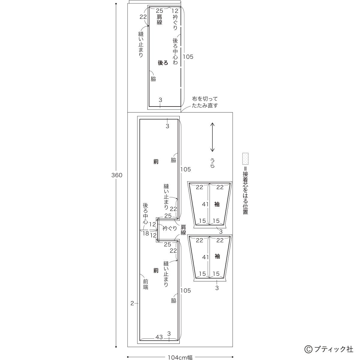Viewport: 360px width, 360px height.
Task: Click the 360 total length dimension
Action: coord(117,175)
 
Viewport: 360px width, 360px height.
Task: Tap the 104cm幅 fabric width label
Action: coord(180,357)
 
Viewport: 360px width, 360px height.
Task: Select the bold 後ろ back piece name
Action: coord(163,63)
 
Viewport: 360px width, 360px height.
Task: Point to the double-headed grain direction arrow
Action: coord(212,137)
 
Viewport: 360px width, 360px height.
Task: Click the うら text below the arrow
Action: coord(212,163)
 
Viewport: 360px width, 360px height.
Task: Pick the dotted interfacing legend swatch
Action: coord(245,159)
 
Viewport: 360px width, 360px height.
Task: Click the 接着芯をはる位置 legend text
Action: coord(245,193)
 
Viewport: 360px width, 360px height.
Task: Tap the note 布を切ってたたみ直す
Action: coord(205,102)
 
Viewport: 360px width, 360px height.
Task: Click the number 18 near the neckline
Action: coord(146,233)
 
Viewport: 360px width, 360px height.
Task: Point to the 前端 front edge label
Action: coord(145,284)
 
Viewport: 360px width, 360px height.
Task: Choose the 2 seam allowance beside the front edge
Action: coord(132,303)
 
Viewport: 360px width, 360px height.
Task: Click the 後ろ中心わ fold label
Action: coord(175,51)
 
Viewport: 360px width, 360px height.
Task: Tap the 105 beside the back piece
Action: coord(188,57)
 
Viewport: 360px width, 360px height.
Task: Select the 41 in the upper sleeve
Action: coord(205,204)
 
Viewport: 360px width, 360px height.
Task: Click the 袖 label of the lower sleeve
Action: coord(217,256)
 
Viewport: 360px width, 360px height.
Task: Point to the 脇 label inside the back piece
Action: coord(153,79)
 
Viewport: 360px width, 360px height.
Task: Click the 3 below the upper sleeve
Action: coord(221,232)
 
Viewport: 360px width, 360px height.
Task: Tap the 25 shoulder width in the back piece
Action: coord(160,11)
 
